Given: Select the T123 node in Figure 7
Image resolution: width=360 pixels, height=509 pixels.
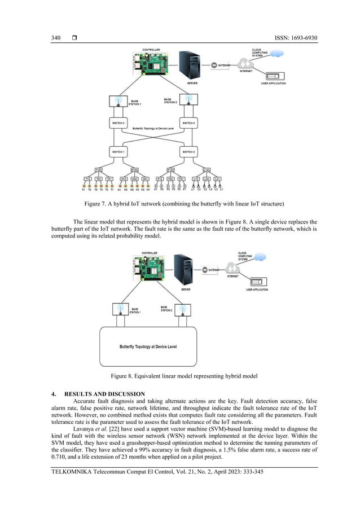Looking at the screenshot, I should [x=99, y=169].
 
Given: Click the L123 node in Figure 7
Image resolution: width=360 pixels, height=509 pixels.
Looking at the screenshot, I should [x=207, y=169].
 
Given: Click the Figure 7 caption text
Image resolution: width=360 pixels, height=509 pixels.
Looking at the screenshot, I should [x=180, y=203].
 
